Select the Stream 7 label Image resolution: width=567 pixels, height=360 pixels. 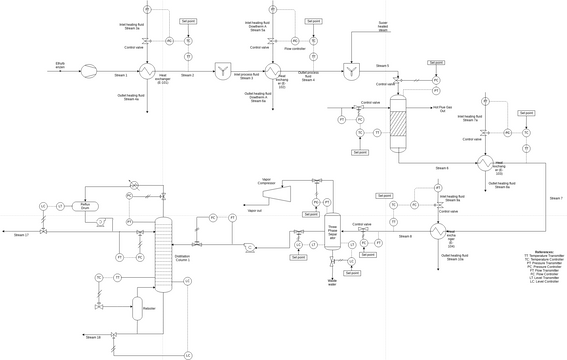click(x=556, y=198)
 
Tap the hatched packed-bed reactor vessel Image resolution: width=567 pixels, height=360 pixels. click(x=396, y=125)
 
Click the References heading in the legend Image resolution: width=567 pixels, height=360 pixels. click(x=544, y=251)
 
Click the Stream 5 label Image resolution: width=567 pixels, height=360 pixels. click(x=382, y=66)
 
